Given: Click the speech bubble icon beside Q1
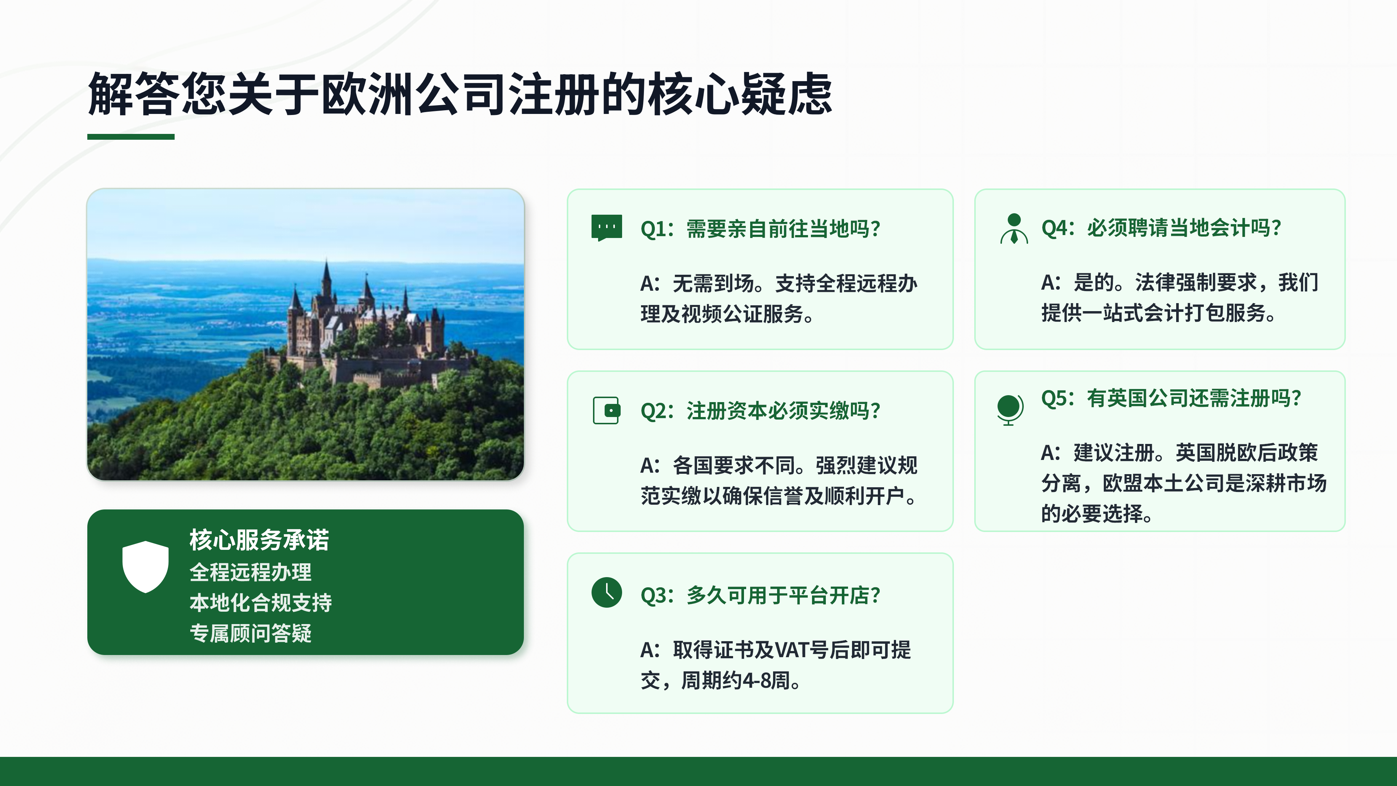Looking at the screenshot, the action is tap(606, 228).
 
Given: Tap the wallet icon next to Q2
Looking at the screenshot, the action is tap(606, 410).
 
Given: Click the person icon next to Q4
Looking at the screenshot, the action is tap(1014, 229).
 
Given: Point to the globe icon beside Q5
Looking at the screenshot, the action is tap(1009, 409).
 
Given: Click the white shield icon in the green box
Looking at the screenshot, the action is tap(146, 566).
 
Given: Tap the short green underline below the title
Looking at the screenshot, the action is tap(131, 137).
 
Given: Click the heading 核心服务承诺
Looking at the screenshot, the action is tap(259, 540).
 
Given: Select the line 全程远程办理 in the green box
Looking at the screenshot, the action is tap(251, 572).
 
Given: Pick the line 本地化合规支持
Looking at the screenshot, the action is tap(261, 602).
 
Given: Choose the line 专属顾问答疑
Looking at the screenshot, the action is tap(251, 632).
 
